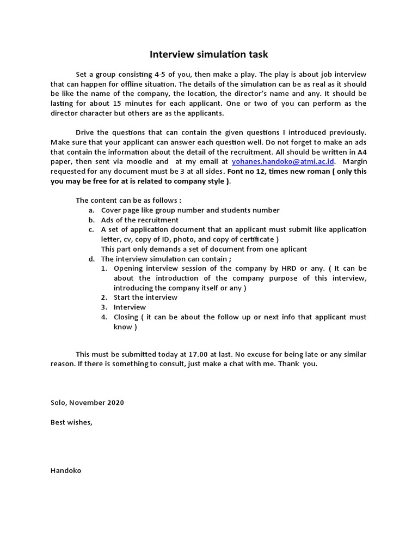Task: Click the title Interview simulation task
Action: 209,54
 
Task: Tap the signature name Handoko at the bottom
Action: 65,470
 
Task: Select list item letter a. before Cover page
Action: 91,210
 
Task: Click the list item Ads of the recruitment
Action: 139,220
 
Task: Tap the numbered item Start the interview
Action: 145,297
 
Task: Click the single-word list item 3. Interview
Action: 130,307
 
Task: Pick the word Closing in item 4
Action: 126,317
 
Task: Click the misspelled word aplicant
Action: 292,249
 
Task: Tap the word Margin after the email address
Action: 355,161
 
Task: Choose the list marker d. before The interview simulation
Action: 91,259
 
